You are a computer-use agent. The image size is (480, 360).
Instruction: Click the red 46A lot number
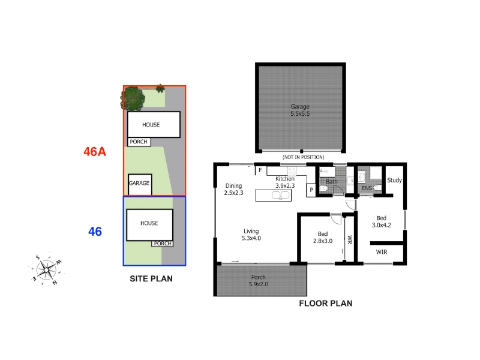click(95, 152)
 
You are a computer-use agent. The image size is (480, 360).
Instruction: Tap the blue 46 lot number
click(95, 232)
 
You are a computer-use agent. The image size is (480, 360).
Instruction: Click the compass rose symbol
click(46, 269)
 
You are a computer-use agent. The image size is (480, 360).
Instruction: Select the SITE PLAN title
click(151, 278)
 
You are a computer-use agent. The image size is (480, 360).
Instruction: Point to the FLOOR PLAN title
click(326, 304)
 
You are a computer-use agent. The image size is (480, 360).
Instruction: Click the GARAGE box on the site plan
click(140, 185)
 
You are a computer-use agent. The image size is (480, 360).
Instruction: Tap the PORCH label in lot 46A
click(139, 142)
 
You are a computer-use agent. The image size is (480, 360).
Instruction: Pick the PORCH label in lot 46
click(163, 244)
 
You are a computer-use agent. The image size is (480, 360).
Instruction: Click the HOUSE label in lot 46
click(149, 223)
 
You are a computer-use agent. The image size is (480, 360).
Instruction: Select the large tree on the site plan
click(133, 98)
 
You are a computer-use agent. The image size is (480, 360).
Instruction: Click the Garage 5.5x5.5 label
click(300, 110)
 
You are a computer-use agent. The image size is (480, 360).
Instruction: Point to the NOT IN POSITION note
click(303, 157)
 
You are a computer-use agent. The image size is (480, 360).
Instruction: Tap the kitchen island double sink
click(281, 196)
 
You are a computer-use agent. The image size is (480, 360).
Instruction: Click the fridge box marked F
click(260, 170)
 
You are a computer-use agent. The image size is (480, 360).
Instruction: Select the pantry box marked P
click(311, 190)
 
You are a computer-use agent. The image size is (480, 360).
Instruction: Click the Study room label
click(394, 181)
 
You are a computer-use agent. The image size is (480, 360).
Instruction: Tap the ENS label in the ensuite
click(367, 188)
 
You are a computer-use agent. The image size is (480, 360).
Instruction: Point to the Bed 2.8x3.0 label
click(323, 237)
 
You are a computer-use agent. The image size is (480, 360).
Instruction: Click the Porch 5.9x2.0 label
click(259, 280)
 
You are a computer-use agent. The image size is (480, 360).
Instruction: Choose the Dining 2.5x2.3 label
click(233, 189)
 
